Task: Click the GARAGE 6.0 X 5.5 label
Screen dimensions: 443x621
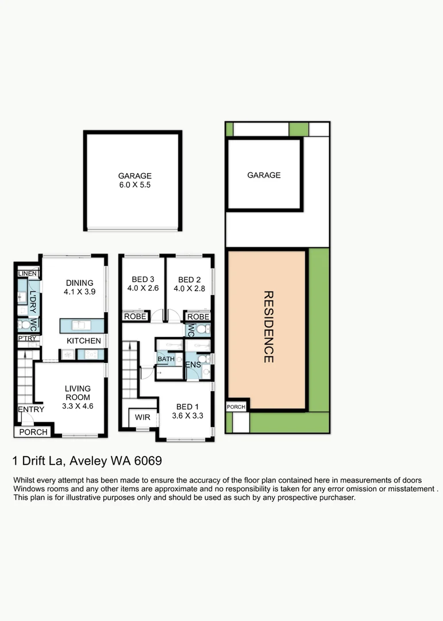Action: [134, 180]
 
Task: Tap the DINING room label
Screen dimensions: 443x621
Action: [79, 287]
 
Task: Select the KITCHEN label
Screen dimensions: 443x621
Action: [83, 340]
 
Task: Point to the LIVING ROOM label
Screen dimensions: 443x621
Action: [78, 397]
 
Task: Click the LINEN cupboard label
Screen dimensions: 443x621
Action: [28, 274]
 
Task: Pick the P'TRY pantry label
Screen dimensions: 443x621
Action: [28, 338]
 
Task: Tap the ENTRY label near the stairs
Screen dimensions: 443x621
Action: [31, 409]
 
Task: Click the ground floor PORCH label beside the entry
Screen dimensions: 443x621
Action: [33, 432]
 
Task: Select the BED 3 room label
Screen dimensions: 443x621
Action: [143, 283]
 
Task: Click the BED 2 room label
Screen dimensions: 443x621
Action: [189, 284]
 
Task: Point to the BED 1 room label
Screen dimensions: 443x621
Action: [187, 411]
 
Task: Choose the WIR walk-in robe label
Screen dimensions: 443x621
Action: [142, 417]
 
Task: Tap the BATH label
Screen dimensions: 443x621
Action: [166, 359]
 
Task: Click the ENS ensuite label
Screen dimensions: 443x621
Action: [193, 365]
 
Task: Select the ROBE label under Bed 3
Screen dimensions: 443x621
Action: [136, 316]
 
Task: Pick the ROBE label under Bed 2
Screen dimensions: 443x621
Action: [198, 317]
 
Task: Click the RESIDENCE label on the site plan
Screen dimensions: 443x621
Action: [268, 327]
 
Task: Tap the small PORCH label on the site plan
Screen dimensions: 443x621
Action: [236, 407]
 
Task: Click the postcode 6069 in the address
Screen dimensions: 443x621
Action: [148, 461]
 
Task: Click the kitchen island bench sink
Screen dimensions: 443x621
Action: [81, 325]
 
